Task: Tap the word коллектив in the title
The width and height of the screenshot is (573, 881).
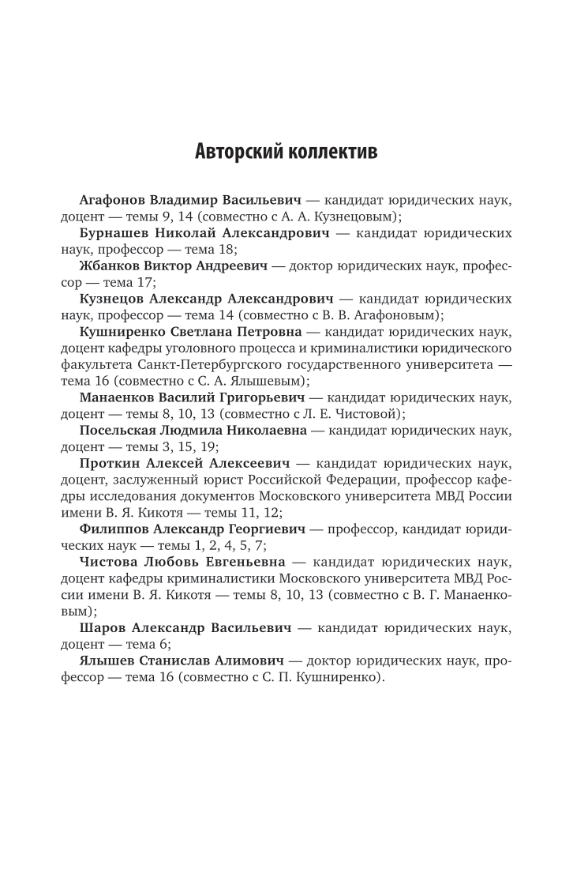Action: click(x=328, y=151)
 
